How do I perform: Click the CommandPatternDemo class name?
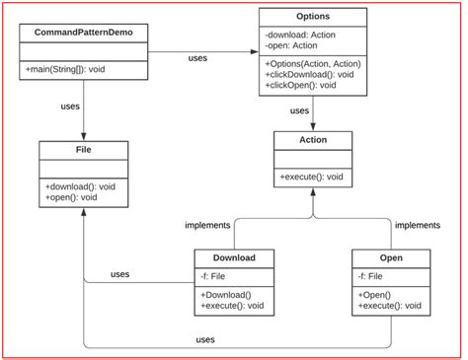coord(83,34)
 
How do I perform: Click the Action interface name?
coord(312,140)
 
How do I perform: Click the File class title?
coord(83,152)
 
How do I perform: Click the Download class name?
coord(234,258)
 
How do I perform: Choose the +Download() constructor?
coord(226,294)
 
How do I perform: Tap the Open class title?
coord(391,258)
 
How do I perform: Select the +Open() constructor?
coord(378,294)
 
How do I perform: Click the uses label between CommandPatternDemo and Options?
coord(196,58)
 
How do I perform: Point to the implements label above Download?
coord(207,226)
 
